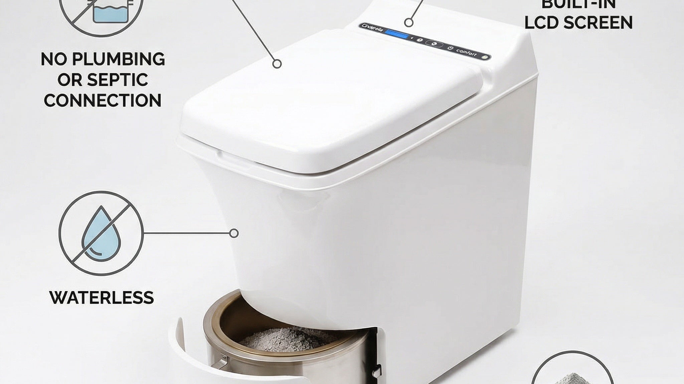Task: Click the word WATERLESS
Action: [102, 297]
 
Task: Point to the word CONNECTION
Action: [103, 101]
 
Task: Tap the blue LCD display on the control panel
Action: [397, 35]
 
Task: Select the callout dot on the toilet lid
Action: [277, 63]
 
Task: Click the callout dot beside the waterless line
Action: [234, 233]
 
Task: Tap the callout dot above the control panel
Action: [408, 23]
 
